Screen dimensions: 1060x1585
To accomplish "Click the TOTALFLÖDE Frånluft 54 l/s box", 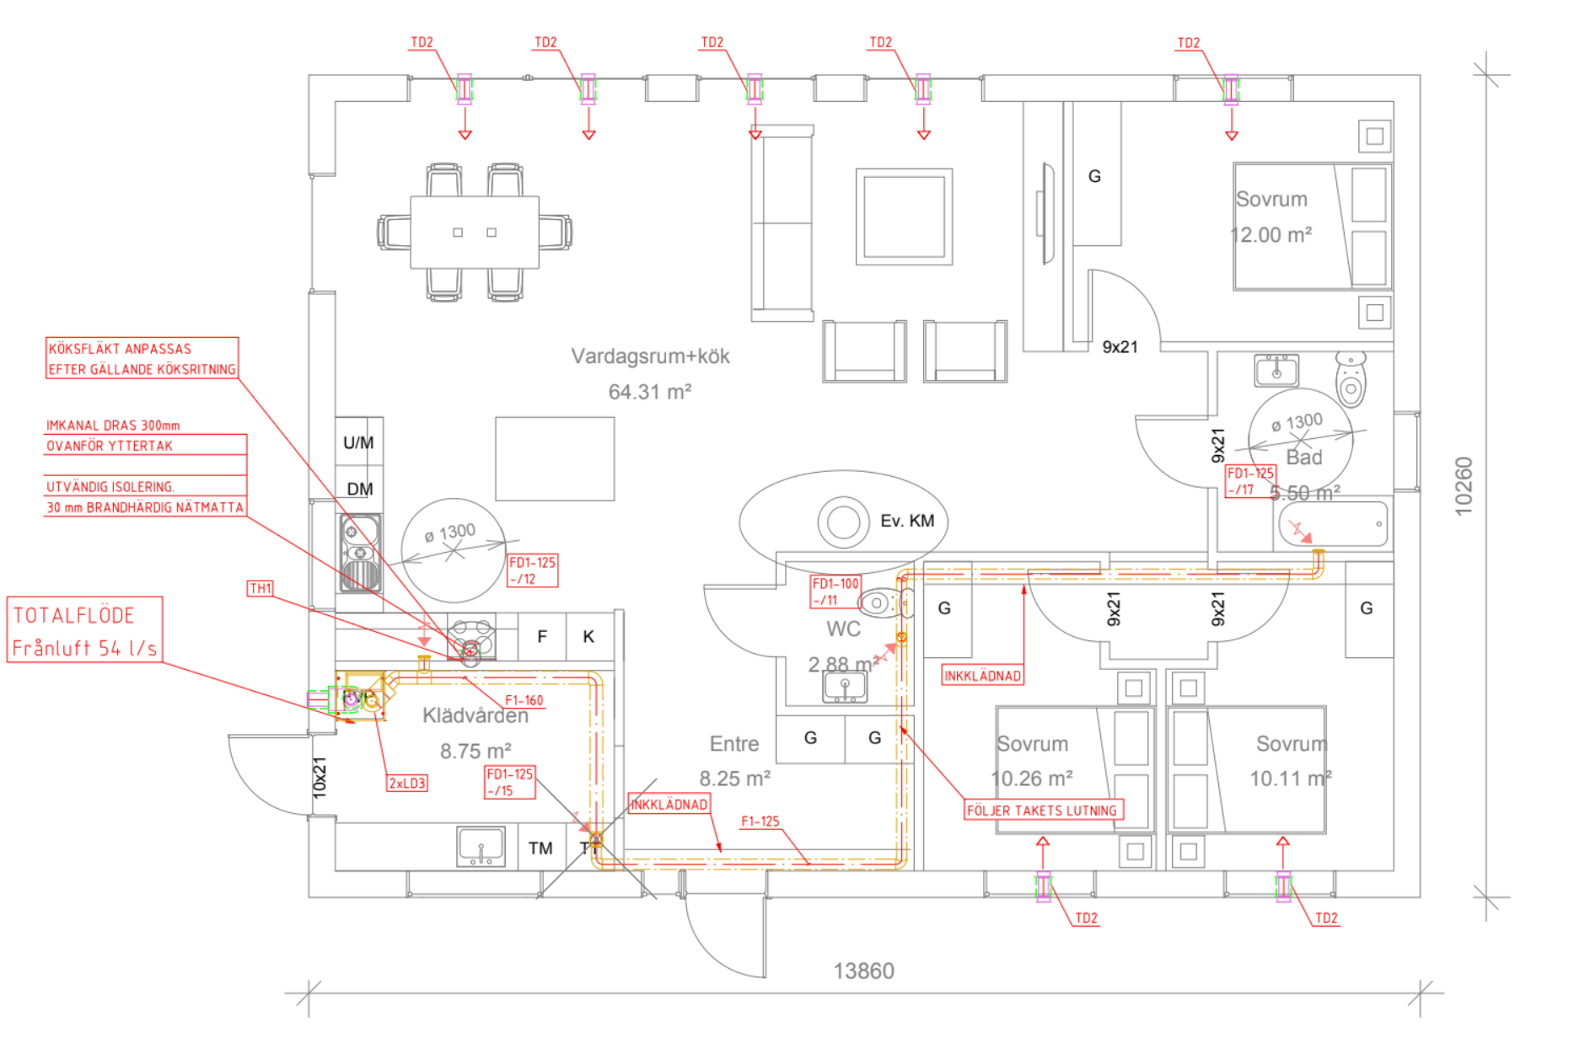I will (84, 630).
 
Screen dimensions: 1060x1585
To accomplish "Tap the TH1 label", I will (260, 588).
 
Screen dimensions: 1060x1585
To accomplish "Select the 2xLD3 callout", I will (407, 783).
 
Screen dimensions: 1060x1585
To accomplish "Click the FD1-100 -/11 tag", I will (835, 592).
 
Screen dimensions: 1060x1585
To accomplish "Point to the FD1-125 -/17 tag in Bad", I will (1249, 481).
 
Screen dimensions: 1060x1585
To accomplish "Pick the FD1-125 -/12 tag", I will (532, 570).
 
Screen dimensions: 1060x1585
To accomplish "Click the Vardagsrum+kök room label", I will (650, 356).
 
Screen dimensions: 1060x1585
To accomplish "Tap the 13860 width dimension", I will (863, 972).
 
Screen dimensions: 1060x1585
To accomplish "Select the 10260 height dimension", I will (1464, 485).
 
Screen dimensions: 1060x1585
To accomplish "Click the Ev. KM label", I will (907, 521).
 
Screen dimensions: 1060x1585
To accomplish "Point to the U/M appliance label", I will (358, 442).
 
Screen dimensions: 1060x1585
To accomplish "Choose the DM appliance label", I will (360, 489).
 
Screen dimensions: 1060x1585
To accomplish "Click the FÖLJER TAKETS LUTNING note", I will (1042, 811).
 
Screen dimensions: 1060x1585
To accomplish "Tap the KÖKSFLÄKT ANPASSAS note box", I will (142, 358).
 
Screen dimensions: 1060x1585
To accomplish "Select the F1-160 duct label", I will (524, 700).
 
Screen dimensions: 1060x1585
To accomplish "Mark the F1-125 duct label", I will (760, 822).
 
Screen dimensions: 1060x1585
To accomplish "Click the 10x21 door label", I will (320, 777).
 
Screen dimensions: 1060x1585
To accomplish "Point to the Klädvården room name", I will (475, 716).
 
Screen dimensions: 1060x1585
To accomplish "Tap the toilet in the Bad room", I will (1351, 379).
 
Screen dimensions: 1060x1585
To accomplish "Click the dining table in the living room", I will (475, 232).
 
